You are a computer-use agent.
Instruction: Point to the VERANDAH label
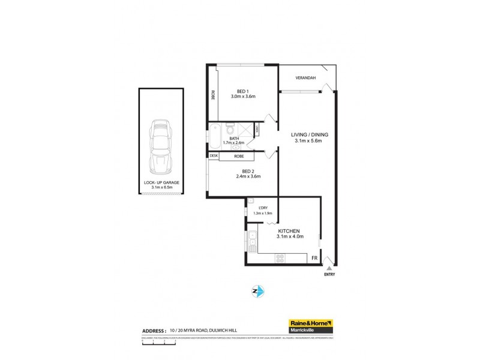(305, 78)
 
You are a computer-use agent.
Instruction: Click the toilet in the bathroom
(230, 129)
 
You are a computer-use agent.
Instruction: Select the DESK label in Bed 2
(214, 156)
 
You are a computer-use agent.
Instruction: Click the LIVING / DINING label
(309, 134)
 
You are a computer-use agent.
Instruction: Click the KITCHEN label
(289, 231)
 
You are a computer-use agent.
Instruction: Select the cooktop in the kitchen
(281, 259)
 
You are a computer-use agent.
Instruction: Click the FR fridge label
(313, 258)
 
